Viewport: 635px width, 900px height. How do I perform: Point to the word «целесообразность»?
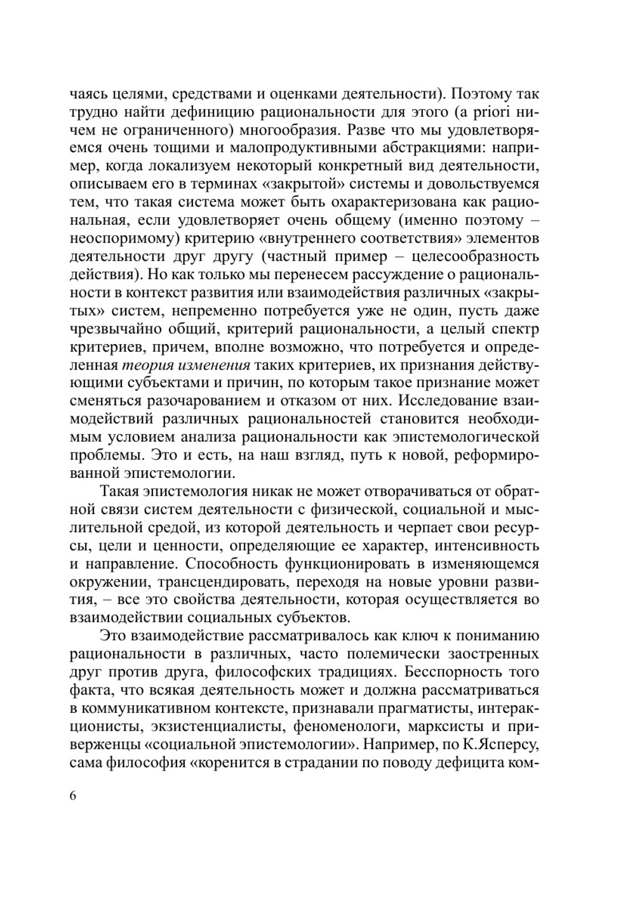pos(476,257)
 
